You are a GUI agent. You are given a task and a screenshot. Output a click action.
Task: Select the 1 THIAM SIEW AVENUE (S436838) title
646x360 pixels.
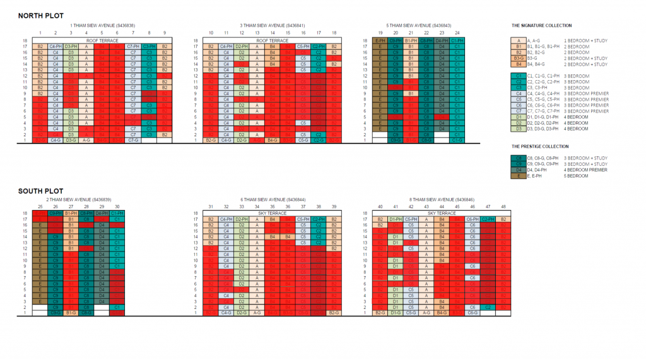pyautogui.click(x=102, y=25)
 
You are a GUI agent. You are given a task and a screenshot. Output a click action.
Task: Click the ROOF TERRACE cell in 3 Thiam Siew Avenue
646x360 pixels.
pyautogui.click(x=272, y=40)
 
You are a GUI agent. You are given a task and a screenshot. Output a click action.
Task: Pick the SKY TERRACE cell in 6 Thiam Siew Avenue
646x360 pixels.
pyautogui.click(x=272, y=214)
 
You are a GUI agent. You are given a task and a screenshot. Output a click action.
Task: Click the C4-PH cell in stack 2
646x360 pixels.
pyautogui.click(x=56, y=46)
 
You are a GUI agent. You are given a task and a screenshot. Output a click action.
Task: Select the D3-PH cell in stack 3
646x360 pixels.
pyautogui.click(x=71, y=46)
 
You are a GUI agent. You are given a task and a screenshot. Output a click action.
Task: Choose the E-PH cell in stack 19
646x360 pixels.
pyautogui.click(x=380, y=40)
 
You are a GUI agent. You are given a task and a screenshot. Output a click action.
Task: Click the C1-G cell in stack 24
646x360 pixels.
pyautogui.click(x=457, y=140)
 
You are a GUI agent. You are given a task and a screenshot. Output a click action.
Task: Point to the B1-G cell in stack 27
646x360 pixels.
pyautogui.click(x=71, y=312)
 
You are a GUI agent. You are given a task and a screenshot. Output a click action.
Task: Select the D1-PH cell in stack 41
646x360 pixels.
pyautogui.click(x=396, y=219)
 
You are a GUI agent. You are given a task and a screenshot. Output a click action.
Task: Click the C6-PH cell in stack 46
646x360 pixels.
pyautogui.click(x=472, y=219)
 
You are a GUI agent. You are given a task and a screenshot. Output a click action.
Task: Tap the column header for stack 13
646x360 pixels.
pyautogui.click(x=257, y=32)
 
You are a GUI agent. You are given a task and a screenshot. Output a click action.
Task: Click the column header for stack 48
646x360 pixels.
pyautogui.click(x=503, y=206)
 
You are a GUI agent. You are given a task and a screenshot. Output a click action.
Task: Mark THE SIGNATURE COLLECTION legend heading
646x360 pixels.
pyautogui.click(x=541, y=26)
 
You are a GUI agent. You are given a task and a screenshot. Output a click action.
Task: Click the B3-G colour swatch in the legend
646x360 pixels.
pyautogui.click(x=518, y=58)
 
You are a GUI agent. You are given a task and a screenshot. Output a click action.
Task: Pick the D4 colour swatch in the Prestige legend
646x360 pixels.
pyautogui.click(x=518, y=170)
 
